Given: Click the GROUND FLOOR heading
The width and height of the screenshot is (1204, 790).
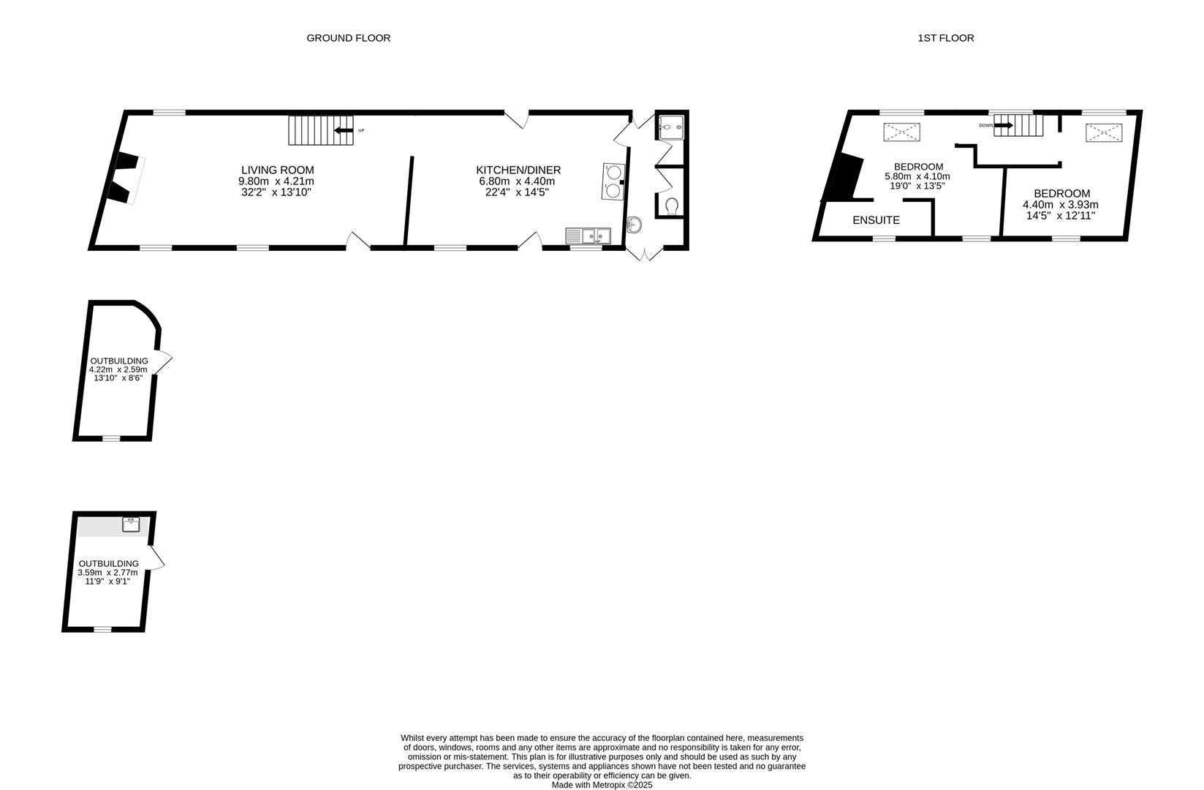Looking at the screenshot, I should coord(348,38).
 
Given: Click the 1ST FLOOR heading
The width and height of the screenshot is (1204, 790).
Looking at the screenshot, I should coord(945,38).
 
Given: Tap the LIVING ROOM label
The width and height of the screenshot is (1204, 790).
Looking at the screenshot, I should coord(277,170).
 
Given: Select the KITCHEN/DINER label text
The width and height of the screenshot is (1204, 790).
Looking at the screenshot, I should coord(518,170).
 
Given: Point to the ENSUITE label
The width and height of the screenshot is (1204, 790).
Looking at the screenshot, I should coord(876,220).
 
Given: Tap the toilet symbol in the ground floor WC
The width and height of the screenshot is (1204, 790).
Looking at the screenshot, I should coord(672,206).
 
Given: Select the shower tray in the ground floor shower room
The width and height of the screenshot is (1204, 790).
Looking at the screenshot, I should coord(671,127).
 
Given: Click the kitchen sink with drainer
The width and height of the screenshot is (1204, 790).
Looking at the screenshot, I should coord(588,236).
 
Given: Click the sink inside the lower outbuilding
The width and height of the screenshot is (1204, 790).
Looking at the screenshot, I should coord(131,524).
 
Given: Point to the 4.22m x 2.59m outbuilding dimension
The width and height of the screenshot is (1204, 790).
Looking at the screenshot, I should coord(118,370).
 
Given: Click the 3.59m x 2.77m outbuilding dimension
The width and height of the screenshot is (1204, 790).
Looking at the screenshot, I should coord(107,573).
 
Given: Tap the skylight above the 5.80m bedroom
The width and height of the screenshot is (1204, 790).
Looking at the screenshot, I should coord(902,132).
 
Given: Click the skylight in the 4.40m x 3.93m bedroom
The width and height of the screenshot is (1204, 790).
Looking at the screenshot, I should coord(1103,132).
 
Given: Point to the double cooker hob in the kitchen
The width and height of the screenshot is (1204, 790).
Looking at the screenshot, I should coord(613,181).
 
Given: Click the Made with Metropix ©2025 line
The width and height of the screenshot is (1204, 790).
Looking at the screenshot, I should coord(602,785).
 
